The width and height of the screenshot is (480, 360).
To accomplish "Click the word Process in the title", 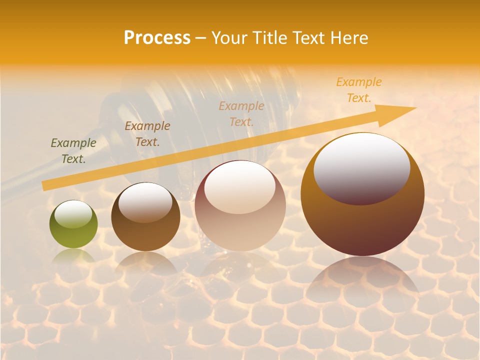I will coord(157,38).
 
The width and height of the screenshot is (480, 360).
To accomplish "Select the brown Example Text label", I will coord(147,134).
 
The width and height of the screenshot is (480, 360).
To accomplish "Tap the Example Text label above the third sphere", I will coord(241,113).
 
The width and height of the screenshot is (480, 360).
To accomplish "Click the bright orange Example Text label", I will coord(358,90).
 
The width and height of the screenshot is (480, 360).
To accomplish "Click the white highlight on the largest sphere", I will coord(361,169).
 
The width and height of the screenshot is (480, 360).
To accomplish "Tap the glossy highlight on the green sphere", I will coord(73,214).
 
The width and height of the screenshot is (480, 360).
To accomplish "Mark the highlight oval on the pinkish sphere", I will coord(240,187).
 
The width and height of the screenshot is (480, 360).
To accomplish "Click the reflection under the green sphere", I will coord(73,256).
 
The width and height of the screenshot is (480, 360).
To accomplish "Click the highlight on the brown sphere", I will coord(145,202).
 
